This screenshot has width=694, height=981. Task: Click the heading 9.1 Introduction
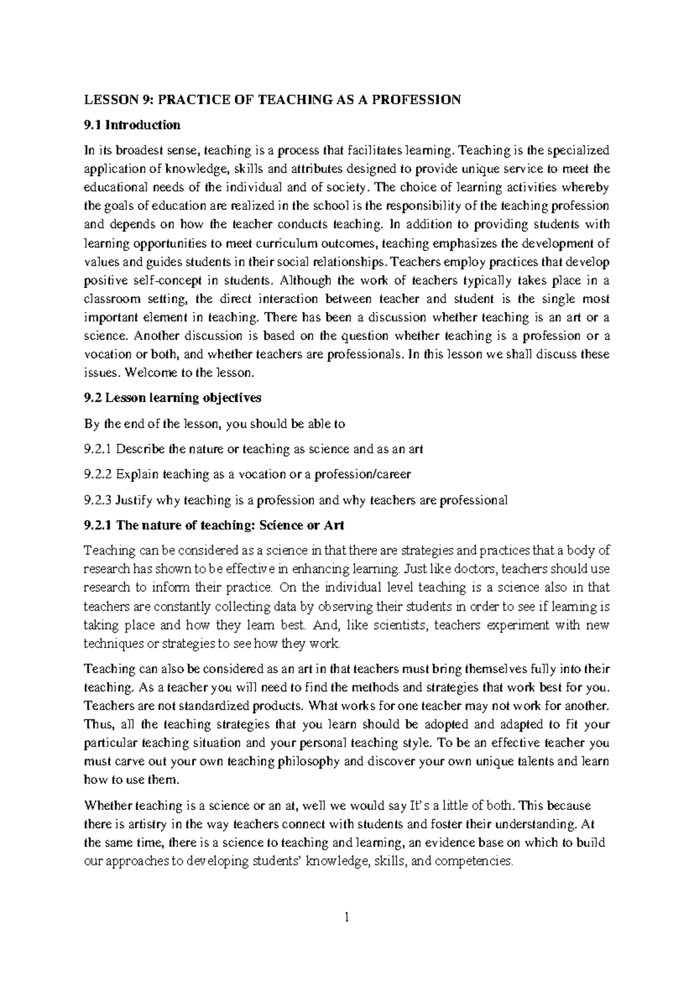pos(132,125)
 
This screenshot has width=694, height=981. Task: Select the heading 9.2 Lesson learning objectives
pos(172,398)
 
